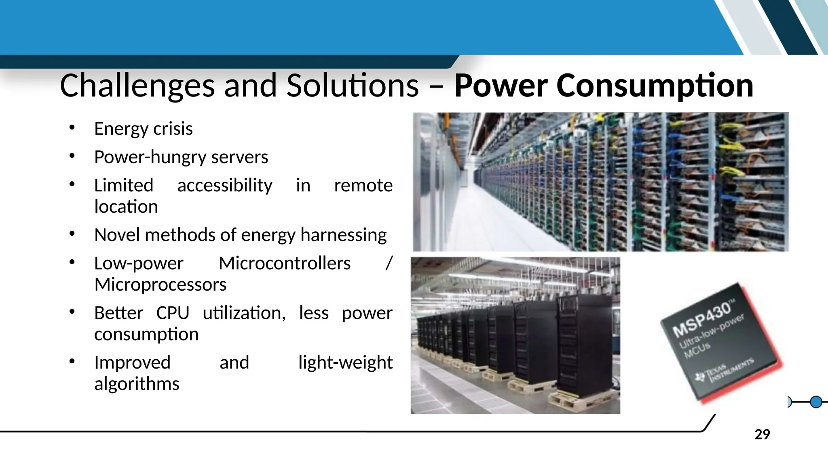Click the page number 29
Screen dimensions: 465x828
coord(762,434)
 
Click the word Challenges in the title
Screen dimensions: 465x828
coord(137,86)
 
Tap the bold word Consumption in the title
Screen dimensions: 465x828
coord(655,86)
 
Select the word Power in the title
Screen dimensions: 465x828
coord(501,86)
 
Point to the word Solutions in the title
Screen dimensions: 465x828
coord(353,86)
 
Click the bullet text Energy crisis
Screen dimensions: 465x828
coord(143,129)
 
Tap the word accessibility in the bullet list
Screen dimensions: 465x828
coord(225,185)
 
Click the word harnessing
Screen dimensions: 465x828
coord(343,235)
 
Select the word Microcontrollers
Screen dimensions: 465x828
coord(285,263)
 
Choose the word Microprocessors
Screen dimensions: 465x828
coord(160,285)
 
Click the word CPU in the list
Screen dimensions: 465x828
coord(173,313)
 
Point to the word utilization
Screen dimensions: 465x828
coord(244,313)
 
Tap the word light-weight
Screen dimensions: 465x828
coord(345,362)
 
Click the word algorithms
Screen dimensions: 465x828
coord(137,384)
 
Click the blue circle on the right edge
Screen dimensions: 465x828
coord(816,402)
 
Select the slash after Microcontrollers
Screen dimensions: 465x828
coord(389,263)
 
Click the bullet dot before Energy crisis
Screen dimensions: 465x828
coord(72,128)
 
